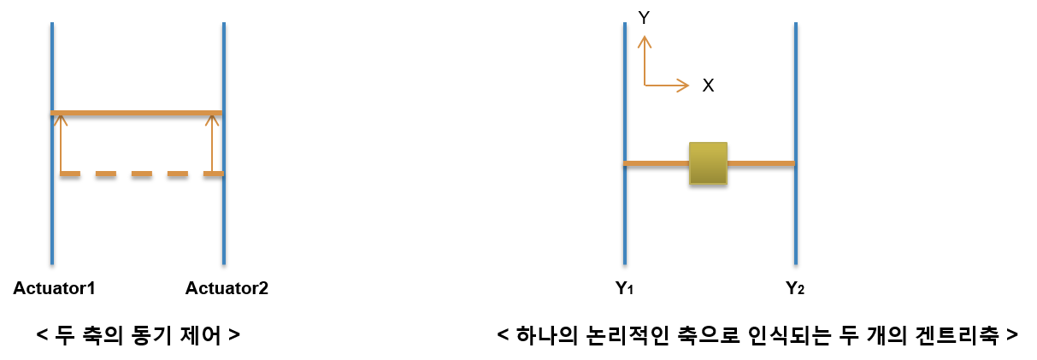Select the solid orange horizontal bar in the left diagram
coord(137,113)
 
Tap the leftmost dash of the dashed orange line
coord(69,174)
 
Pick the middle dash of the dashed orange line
coord(141,174)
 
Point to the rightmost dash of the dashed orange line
coord(213,174)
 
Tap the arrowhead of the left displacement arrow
coord(61,119)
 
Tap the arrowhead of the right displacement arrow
coord(212,119)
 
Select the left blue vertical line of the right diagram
coord(625,214)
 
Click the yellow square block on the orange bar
coord(708,163)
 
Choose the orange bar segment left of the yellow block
coord(657,163)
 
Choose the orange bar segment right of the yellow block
coord(761,163)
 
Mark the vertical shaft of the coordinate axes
coord(645,64)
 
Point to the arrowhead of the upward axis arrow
coord(645,39)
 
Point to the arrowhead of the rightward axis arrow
coord(684,86)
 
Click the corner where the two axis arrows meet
coord(645,86)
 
